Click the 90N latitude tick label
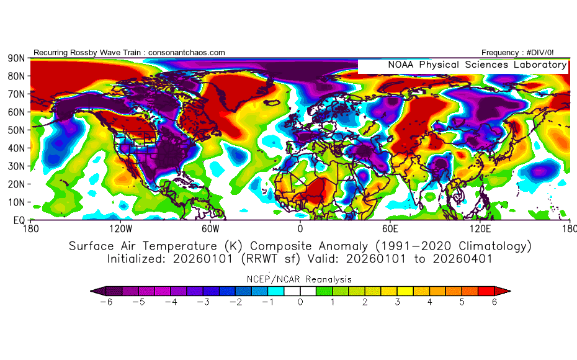pos(16,58)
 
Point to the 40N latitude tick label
pos(16,148)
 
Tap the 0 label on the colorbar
pos(300,302)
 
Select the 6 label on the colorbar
pos(494,302)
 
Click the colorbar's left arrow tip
pos(91,290)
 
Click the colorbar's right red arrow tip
pos(510,290)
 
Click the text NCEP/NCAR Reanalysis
pos(300,279)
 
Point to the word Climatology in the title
pos(490,246)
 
